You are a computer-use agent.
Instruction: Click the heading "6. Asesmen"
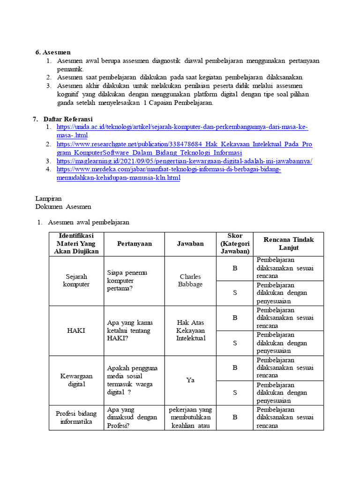click(53, 52)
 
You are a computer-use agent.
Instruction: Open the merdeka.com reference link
click(169, 170)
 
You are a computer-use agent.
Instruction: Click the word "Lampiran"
click(48, 199)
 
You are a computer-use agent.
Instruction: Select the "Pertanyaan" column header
click(134, 244)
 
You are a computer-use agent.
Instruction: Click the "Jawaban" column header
click(190, 244)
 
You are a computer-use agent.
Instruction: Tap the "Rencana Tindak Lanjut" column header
click(288, 244)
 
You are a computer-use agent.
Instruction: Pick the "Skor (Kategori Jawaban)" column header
click(234, 244)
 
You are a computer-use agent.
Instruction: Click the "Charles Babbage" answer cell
click(190, 280)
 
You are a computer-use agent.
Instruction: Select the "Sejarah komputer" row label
click(76, 280)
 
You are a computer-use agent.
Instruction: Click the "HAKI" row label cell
click(76, 330)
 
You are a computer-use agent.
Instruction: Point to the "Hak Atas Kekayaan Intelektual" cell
click(190, 330)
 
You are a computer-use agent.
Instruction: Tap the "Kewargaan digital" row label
click(76, 380)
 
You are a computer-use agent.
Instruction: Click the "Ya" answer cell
click(190, 380)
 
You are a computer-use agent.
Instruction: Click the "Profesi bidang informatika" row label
click(76, 417)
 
